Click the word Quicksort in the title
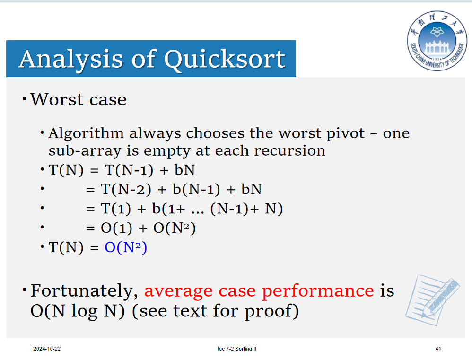[x=225, y=60]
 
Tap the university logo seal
[x=437, y=41]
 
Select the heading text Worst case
[x=79, y=99]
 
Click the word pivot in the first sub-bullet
[x=346, y=134]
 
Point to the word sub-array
[x=85, y=151]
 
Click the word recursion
[x=289, y=150]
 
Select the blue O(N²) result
[x=126, y=247]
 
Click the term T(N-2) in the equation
[x=126, y=190]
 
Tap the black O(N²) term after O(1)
[x=175, y=228]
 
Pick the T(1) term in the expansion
[x=116, y=209]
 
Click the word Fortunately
[x=84, y=291]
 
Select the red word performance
[x=318, y=291]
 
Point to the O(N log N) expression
[x=78, y=311]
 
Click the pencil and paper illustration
[x=432, y=299]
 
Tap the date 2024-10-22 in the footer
[x=47, y=349]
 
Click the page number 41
[x=438, y=349]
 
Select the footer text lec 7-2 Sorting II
[x=237, y=349]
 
